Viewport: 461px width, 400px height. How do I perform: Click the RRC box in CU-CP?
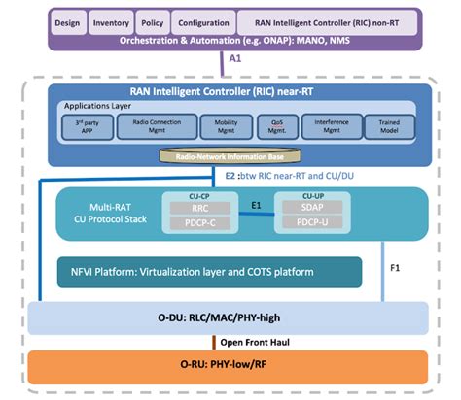pos(197,207)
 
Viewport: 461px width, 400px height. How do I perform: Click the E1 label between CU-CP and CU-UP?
pos(256,206)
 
